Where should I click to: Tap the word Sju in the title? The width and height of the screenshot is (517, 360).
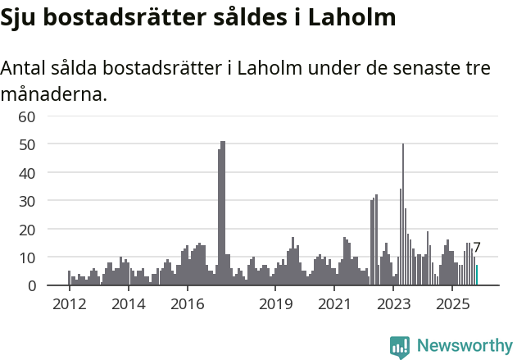click(x=20, y=18)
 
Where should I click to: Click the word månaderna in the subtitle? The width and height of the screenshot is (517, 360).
click(x=54, y=94)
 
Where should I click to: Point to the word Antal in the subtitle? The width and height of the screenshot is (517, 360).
click(x=25, y=69)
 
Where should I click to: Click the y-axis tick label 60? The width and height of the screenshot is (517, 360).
click(x=27, y=116)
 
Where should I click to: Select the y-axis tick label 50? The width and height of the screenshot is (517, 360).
click(x=27, y=144)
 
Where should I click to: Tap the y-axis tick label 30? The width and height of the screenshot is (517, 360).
click(x=27, y=201)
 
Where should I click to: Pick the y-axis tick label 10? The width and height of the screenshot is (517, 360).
click(x=27, y=257)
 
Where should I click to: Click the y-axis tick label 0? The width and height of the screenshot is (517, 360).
click(x=31, y=285)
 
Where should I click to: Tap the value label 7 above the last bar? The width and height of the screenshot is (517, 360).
click(x=477, y=248)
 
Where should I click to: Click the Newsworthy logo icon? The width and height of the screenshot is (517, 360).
click(x=400, y=347)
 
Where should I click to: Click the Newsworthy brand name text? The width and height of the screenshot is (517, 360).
click(x=464, y=346)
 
